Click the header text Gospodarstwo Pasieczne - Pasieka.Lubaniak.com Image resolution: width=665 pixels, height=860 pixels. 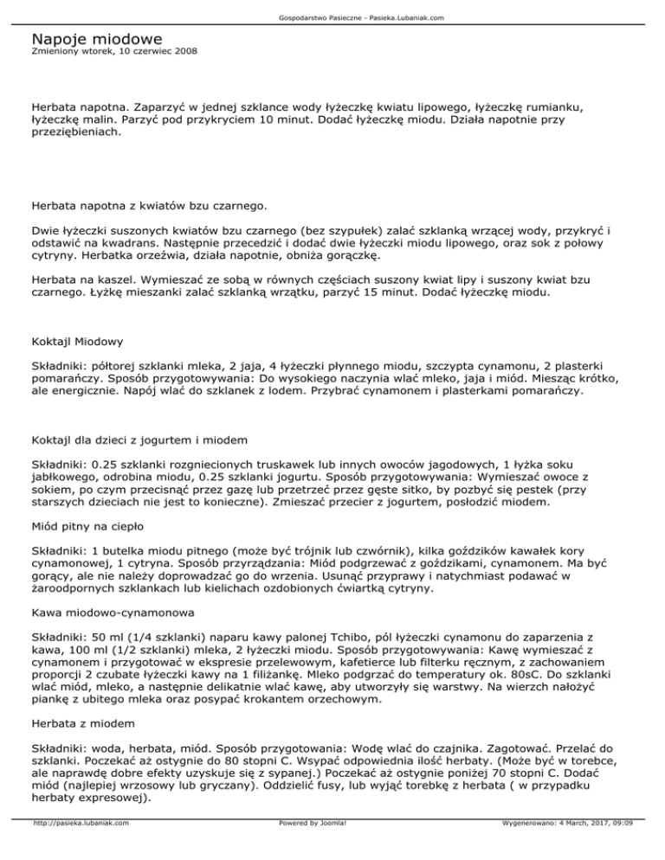(332, 16)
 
